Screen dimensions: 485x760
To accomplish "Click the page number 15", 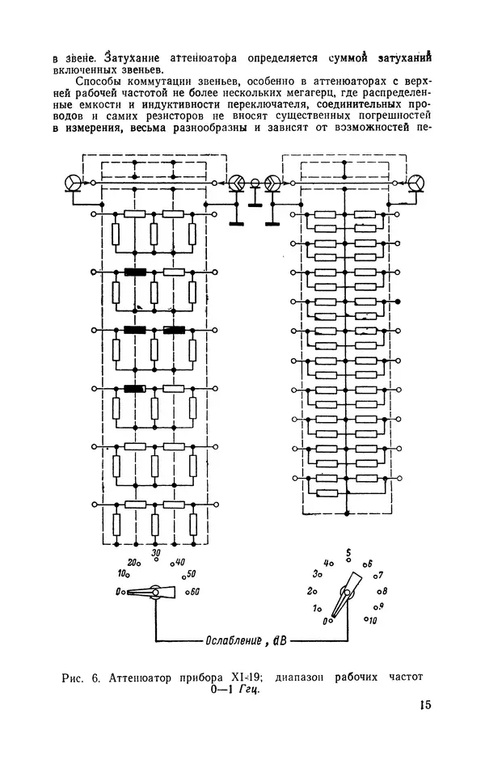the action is (x=425, y=704).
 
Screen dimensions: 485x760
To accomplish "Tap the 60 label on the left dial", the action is (x=195, y=591).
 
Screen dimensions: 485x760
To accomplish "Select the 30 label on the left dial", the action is (x=155, y=552).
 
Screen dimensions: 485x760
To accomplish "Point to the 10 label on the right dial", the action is (x=372, y=620).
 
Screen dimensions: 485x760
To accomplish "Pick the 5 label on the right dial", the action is (x=348, y=552).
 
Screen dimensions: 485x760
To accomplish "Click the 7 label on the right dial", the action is (x=381, y=575).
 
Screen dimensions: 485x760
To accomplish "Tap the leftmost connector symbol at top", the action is (x=74, y=183).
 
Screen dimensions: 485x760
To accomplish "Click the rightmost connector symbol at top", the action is (x=415, y=183).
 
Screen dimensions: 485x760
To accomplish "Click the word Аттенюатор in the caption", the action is (x=140, y=678).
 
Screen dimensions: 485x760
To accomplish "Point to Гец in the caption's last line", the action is (x=249, y=690).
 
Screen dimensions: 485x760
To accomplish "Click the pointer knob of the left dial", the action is (x=155, y=592).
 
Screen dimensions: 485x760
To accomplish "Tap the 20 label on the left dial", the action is (x=133, y=562).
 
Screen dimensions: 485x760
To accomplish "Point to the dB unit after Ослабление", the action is (x=280, y=641).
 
